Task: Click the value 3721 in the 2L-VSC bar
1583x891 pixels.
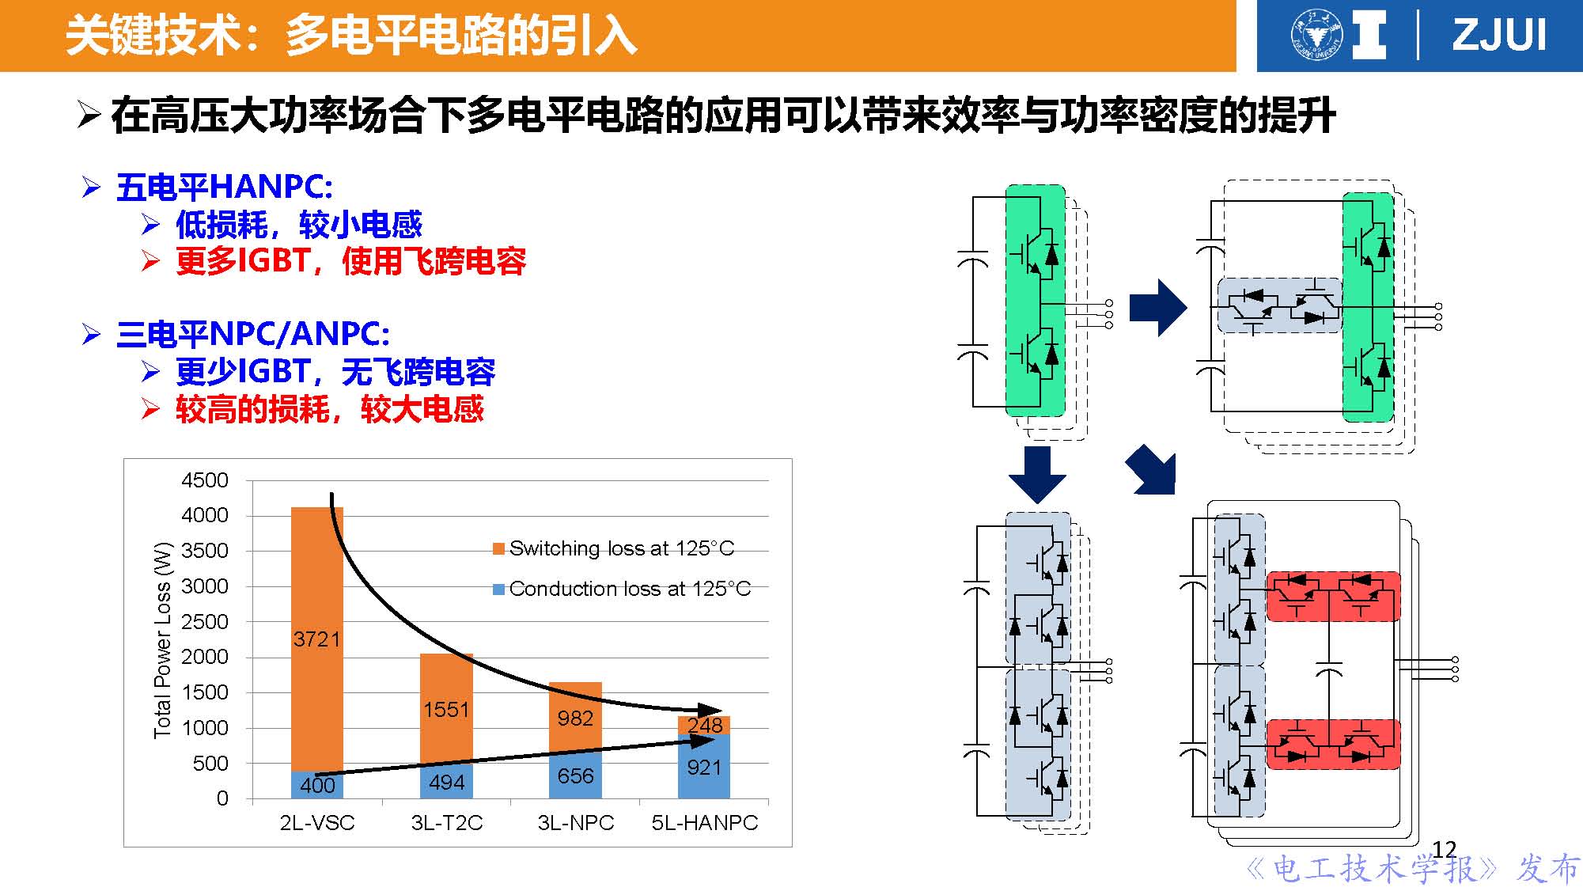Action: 316,639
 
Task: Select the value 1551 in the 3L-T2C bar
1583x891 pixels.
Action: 446,709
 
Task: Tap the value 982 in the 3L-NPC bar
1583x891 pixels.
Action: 575,718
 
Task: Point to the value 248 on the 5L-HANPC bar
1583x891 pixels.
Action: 704,725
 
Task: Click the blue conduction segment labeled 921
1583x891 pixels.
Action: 704,767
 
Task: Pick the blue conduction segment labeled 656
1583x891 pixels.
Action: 575,775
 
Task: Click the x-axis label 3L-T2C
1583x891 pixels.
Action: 446,823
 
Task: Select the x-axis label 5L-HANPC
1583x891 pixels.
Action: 704,823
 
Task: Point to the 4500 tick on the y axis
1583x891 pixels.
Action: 205,480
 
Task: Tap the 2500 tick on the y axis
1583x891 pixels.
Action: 205,622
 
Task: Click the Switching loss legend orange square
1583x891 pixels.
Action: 498,549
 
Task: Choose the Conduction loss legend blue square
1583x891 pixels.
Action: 498,590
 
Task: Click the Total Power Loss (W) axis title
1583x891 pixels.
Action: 162,639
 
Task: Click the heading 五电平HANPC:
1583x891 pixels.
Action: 224,188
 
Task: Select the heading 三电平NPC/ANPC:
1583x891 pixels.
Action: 252,334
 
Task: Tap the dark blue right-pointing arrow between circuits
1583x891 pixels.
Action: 1157,307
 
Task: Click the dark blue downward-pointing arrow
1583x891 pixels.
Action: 1037,474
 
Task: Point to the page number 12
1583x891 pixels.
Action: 1444,850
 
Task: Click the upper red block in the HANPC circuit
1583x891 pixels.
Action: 1333,597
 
